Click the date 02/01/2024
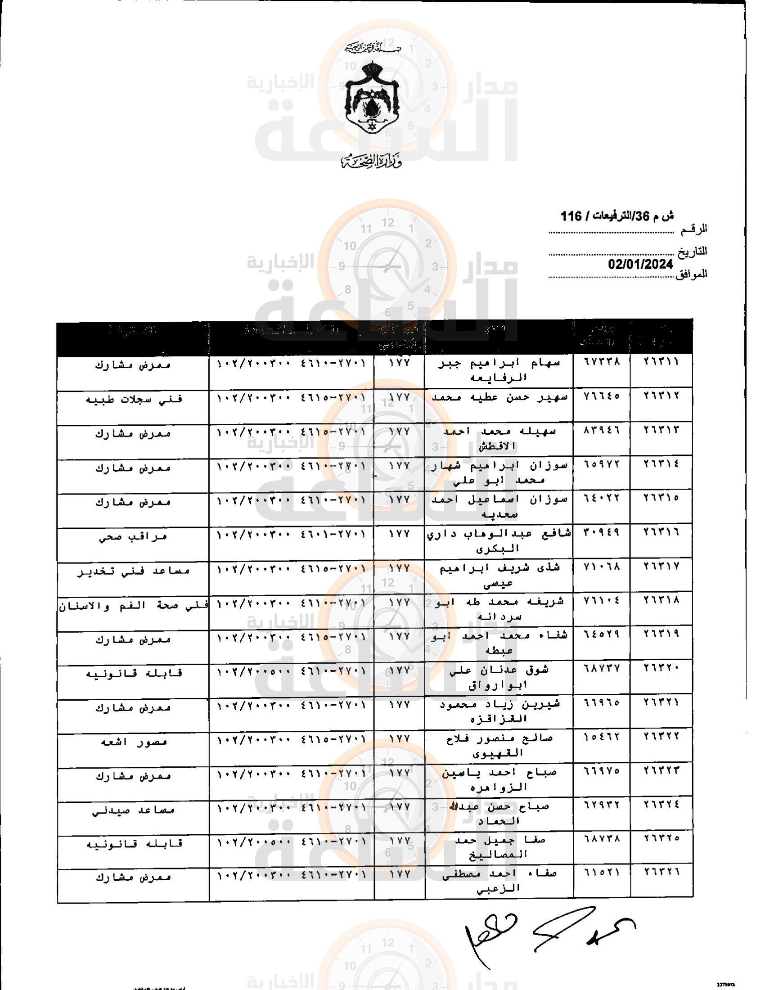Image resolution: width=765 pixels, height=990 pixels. pos(640,265)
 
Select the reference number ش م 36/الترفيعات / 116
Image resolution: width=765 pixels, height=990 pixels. pos(617,216)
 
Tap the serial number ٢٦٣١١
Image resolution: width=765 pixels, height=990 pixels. pos(661,362)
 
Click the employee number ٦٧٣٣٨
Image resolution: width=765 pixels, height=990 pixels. pos(602,362)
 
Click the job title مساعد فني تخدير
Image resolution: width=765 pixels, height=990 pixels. pos(134,571)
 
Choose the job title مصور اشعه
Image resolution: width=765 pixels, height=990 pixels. pos(134,742)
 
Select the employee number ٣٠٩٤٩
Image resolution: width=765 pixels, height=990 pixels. pos(602,532)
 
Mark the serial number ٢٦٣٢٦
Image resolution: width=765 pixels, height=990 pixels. pos(661,872)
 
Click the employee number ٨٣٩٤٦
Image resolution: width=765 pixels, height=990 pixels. pos(602,430)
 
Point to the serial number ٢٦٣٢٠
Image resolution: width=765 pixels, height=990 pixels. pos(661,668)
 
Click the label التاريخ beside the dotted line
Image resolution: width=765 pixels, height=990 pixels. pos(692,252)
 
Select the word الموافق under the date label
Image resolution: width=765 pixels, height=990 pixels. pos(691,274)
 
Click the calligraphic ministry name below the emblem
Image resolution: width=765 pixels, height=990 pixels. pos(372,162)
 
